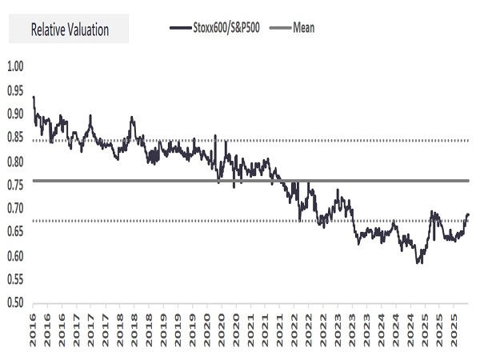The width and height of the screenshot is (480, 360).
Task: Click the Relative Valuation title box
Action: (68, 30)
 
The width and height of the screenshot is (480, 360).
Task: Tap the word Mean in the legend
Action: (303, 28)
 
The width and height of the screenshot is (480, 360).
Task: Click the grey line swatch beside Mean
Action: (278, 28)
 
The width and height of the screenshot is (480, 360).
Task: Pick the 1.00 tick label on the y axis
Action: (15, 66)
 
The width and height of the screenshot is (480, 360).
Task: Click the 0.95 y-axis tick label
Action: (15, 90)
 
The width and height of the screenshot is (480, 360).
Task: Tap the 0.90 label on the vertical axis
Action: (15, 114)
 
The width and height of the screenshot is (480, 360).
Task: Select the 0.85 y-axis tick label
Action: (15, 138)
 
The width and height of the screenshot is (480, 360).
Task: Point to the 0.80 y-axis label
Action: (15, 162)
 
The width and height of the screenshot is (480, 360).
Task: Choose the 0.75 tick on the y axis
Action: (15, 185)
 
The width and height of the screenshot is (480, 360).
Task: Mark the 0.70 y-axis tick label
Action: (15, 209)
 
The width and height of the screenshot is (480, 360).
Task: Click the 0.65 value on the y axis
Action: (15, 233)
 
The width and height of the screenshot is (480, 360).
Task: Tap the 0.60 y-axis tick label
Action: (15, 256)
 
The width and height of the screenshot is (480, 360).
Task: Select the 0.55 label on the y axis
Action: (15, 280)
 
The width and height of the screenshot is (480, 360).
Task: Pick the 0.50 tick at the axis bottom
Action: (15, 303)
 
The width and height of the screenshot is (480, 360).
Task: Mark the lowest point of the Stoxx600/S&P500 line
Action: (418, 262)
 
